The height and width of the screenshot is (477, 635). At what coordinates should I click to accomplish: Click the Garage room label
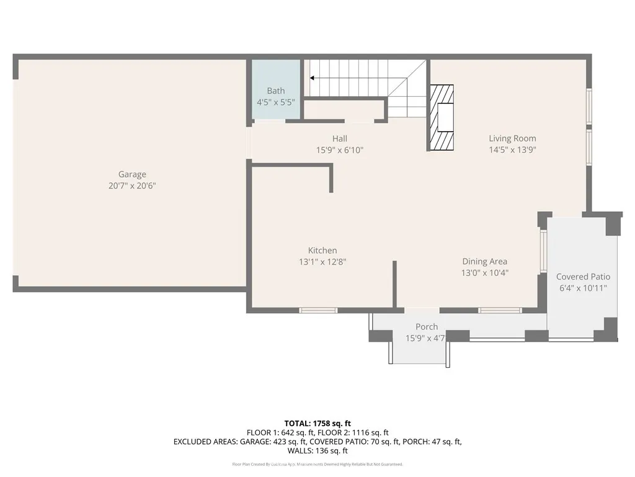132,175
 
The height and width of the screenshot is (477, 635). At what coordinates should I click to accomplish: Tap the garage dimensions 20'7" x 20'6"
132,186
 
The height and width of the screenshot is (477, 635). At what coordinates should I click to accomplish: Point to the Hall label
339,139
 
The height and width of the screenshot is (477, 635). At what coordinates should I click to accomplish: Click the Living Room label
512,139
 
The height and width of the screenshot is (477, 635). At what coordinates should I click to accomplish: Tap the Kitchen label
322,250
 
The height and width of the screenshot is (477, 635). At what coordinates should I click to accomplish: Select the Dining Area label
484,261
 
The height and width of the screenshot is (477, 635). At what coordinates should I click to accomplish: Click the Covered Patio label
583,277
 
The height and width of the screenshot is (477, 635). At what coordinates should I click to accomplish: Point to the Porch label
426,327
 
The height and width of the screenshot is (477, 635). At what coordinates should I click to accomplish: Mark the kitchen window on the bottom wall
318,310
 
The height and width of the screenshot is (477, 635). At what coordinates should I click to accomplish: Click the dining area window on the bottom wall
500,310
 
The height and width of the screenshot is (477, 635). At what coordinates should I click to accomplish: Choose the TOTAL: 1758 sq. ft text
317,424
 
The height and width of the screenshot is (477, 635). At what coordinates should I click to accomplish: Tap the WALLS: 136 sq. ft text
317,450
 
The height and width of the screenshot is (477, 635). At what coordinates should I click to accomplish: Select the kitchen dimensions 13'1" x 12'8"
322,262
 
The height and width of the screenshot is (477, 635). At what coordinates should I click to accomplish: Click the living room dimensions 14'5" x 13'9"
512,150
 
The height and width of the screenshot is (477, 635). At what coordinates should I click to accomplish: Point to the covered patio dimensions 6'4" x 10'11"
583,288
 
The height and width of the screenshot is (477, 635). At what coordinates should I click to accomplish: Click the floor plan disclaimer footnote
317,464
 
